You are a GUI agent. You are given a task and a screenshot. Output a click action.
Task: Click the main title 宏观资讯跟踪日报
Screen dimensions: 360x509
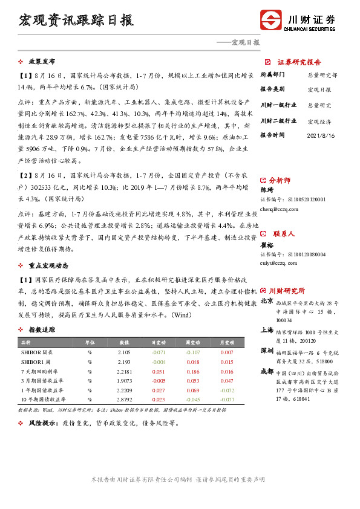pos(76,21)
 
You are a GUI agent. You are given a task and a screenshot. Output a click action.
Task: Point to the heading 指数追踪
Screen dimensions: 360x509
pos(42,329)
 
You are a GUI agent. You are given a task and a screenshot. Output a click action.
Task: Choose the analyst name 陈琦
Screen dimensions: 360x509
pos(267,190)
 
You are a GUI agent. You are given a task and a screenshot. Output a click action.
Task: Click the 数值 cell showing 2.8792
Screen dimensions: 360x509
pos(124,400)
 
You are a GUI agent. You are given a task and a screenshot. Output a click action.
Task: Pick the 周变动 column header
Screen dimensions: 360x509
pos(192,342)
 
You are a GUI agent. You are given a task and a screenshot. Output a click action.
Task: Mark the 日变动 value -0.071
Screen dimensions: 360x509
pos(159,352)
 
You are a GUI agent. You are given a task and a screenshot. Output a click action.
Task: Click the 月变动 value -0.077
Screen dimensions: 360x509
pos(226,400)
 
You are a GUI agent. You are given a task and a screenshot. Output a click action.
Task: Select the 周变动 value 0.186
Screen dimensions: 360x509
pos(192,371)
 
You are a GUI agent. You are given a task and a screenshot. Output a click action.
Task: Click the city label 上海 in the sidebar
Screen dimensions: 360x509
pos(267,330)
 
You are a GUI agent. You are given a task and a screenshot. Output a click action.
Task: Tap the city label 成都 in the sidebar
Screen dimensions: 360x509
pos(267,371)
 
